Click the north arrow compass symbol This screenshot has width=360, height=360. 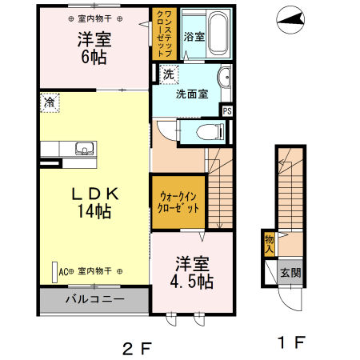point(290,20)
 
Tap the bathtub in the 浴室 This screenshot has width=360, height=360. point(218,34)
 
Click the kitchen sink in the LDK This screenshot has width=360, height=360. point(85,149)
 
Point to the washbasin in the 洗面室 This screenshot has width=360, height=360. point(225,77)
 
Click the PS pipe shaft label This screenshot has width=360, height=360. point(227,111)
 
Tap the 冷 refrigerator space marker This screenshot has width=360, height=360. point(50,102)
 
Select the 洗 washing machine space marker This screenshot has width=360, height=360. point(169,74)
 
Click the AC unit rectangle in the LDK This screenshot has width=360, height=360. point(54,272)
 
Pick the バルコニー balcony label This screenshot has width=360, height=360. point(94,299)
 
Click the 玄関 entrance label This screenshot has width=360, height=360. point(290,273)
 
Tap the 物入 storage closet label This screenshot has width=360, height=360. point(270,245)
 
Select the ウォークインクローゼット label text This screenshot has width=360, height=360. point(178,202)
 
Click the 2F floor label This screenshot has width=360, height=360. point(137,348)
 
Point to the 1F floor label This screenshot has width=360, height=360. point(291,342)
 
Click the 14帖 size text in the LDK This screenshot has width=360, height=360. point(94,211)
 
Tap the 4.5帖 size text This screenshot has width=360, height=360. point(192,282)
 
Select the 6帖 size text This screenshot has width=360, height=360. point(94,57)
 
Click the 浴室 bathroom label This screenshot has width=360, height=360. point(194,37)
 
